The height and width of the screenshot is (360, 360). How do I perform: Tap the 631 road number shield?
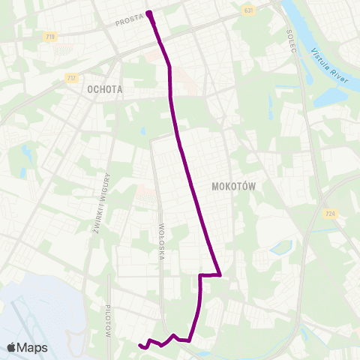click(248, 10)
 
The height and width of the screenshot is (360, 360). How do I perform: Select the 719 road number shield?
click(50, 36)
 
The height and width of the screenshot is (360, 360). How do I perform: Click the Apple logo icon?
click(11, 347)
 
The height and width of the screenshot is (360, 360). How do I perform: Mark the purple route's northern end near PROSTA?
click(149, 13)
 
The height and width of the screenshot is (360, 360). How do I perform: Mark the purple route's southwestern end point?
click(140, 345)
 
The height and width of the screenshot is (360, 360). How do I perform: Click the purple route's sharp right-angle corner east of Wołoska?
click(219, 275)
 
